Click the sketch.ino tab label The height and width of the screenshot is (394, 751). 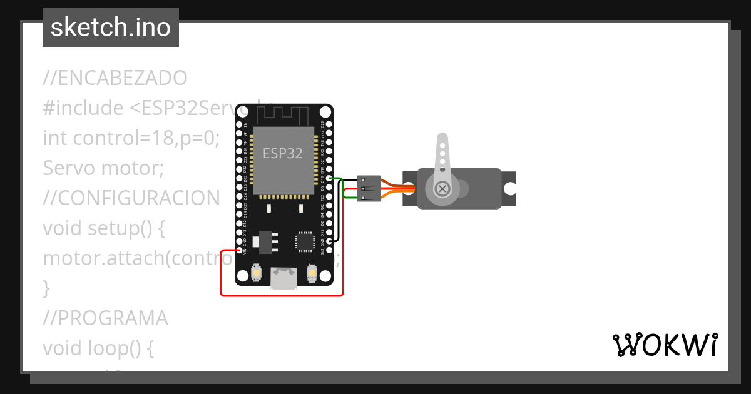click(111, 28)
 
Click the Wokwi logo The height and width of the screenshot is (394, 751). click(665, 345)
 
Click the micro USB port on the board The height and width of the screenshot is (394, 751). click(284, 277)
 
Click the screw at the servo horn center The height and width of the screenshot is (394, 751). click(442, 188)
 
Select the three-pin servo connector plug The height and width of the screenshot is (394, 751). click(368, 189)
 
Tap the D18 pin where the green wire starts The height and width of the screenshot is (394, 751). click(329, 179)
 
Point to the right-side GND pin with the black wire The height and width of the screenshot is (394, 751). click(329, 241)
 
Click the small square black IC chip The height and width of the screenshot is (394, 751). click(304, 241)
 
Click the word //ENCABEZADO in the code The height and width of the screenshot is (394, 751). click(115, 78)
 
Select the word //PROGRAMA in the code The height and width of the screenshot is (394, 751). click(105, 318)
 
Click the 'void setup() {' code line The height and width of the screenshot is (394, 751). click(104, 228)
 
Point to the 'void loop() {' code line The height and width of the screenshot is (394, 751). click(98, 348)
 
